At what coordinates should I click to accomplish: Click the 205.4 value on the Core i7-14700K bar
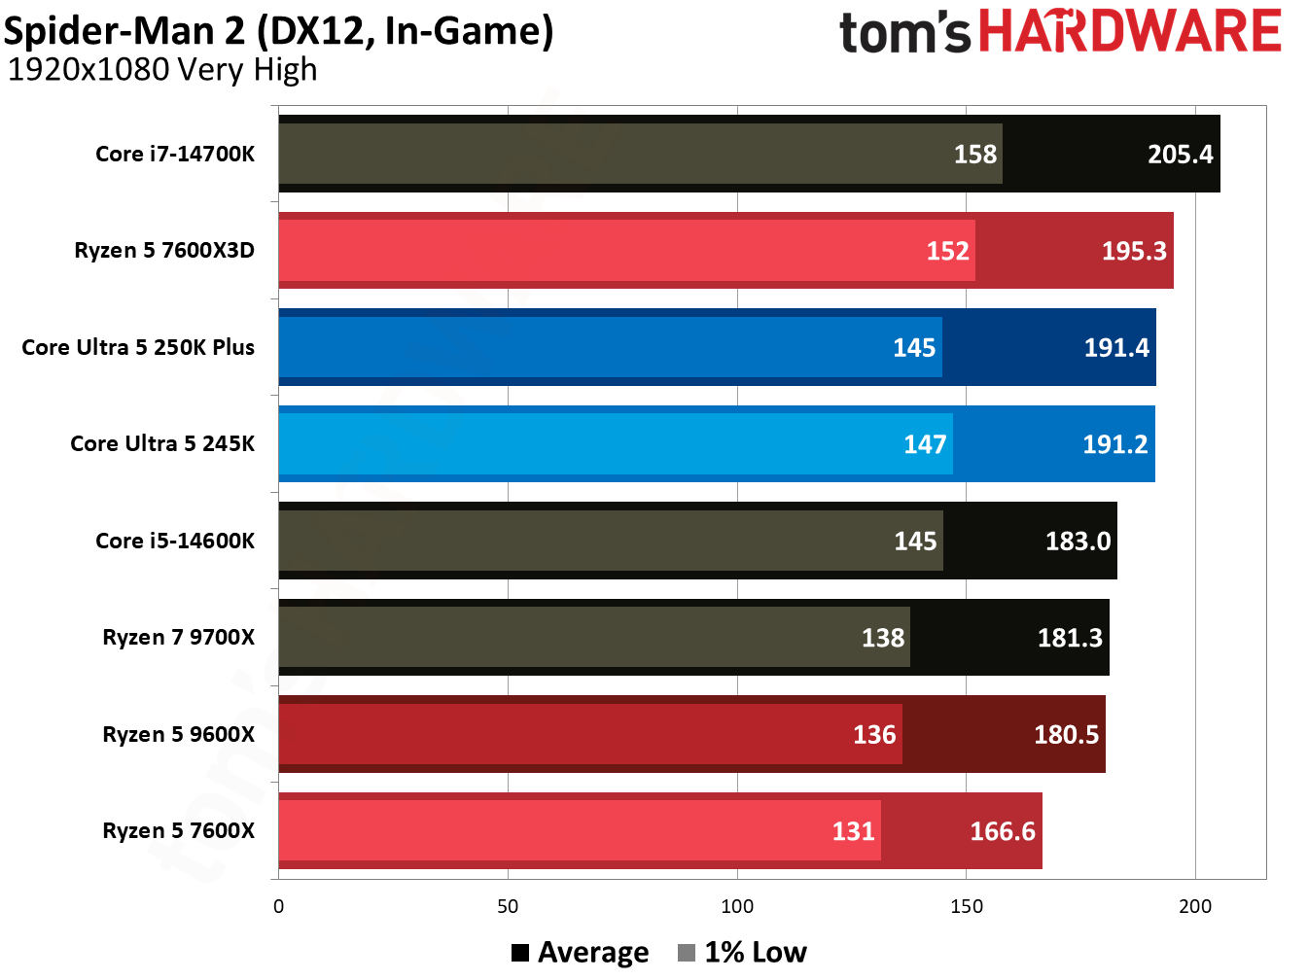(x=1180, y=155)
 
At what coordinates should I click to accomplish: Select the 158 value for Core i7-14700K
(x=974, y=155)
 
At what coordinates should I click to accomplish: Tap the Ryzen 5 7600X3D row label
(x=164, y=251)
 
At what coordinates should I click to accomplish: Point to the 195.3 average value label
(x=1133, y=251)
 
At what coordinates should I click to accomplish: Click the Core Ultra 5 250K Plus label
(x=138, y=348)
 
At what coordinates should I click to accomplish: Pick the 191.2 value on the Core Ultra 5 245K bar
(x=1114, y=444)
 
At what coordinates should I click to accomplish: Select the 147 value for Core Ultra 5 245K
(x=924, y=444)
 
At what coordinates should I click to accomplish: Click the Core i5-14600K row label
(x=175, y=542)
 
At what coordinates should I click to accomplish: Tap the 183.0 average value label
(x=1078, y=542)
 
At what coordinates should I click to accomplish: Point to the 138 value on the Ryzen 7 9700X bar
(x=882, y=638)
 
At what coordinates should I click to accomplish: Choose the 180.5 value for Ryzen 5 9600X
(x=1066, y=735)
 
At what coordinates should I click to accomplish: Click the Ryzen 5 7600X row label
(x=179, y=831)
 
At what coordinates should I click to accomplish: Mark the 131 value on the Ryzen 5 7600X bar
(x=853, y=831)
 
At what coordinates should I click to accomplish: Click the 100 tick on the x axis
(x=737, y=907)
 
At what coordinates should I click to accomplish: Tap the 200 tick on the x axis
(x=1195, y=907)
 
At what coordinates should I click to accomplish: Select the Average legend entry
(x=581, y=953)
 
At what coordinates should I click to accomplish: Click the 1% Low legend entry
(x=743, y=953)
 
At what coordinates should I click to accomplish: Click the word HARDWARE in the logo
(x=1129, y=31)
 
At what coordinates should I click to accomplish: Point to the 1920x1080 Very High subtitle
(x=162, y=70)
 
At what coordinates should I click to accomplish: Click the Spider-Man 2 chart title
(x=278, y=31)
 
